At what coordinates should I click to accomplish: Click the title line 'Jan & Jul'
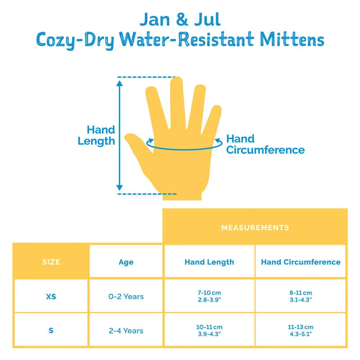pos(180,19)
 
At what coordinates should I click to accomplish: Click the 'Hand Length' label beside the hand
pos(96,135)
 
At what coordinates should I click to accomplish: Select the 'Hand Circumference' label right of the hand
pos(265,144)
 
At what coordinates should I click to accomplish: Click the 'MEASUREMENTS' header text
pos(255,228)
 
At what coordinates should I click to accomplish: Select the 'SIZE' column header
pos(51,262)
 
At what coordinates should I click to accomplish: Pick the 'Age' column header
pos(126,262)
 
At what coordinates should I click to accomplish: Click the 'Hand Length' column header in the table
pos(209,262)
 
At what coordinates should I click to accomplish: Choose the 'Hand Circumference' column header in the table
pos(301,262)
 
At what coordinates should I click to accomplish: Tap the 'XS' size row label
pos(51,297)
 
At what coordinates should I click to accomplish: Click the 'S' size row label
pos(51,331)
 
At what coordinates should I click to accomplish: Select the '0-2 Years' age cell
pos(126,297)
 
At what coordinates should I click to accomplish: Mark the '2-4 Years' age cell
pos(126,331)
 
